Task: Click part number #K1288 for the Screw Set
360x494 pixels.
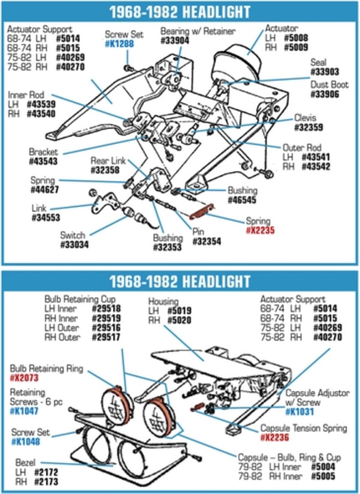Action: [x=119, y=44]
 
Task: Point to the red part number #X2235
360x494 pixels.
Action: [x=260, y=230]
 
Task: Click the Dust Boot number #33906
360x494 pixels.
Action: [x=324, y=94]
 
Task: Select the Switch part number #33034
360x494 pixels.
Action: [x=74, y=245]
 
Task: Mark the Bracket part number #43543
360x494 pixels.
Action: [x=44, y=162]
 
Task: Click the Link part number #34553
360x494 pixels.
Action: [x=46, y=218]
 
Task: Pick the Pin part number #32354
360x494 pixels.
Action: [x=207, y=242]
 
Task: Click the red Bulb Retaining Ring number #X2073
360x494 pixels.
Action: [x=25, y=378]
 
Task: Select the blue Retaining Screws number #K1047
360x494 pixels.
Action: [x=24, y=411]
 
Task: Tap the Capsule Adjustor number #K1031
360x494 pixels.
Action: [x=299, y=412]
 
